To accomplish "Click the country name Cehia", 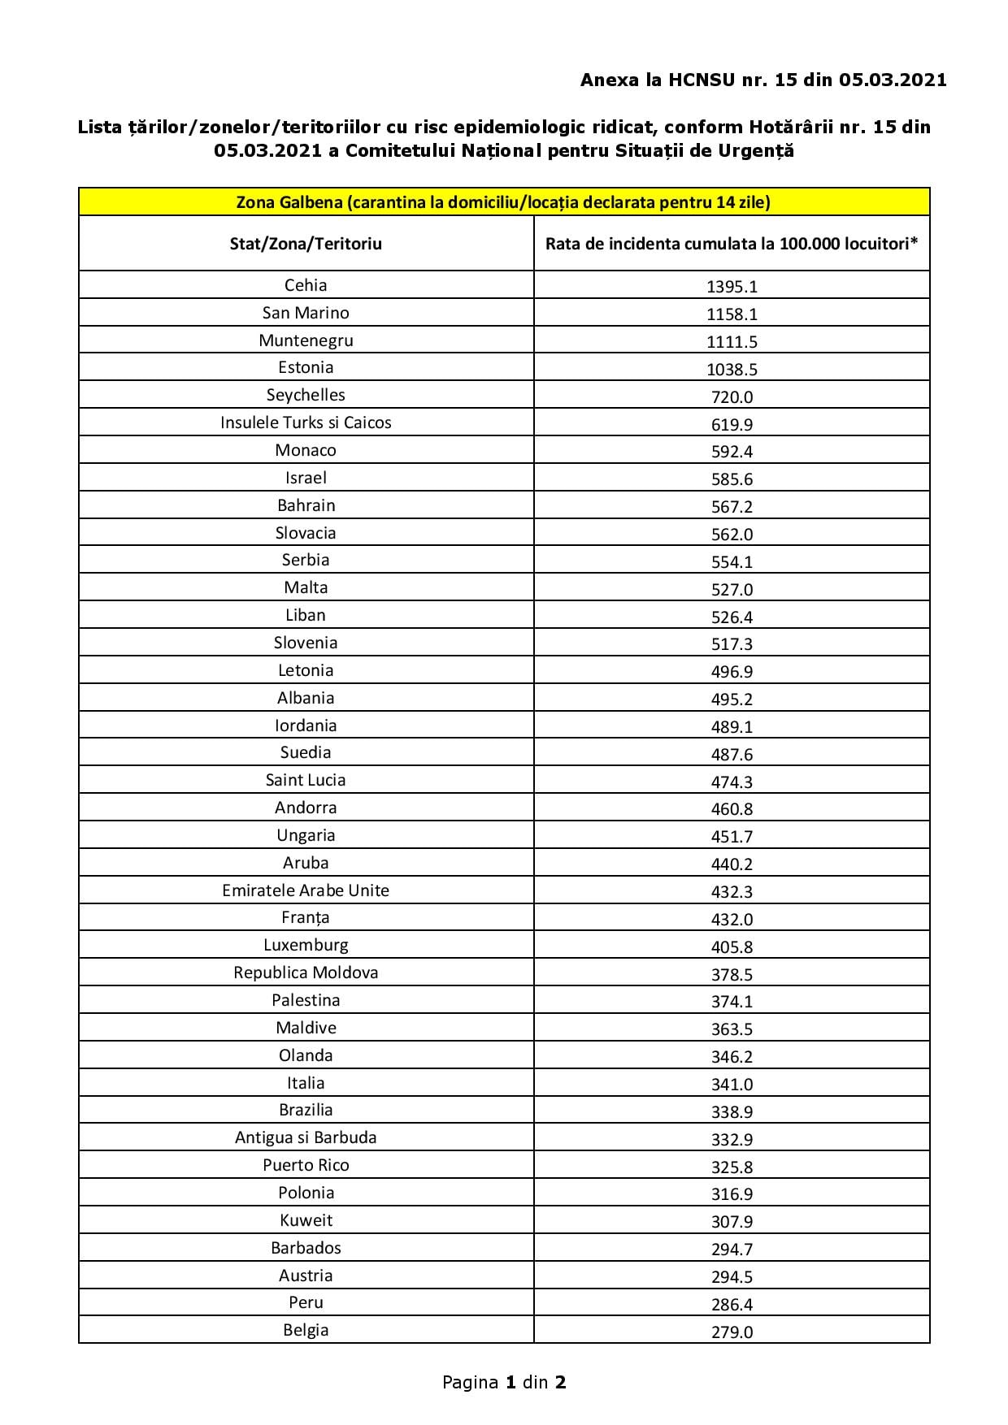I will (306, 285).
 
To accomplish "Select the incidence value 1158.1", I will (732, 314).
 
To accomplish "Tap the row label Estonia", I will (306, 367).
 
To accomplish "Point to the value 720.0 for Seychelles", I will (732, 396).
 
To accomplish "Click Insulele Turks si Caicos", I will (306, 422).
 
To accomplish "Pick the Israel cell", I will (306, 478).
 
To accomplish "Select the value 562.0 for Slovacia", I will (732, 534).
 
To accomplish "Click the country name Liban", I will (306, 615).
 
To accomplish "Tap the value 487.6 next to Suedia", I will (732, 754).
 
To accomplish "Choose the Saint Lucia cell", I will (306, 780).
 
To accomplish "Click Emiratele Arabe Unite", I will (306, 890).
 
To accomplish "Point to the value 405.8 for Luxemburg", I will (732, 946).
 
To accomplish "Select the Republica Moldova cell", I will (306, 972).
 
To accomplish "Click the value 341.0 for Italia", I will (732, 1084).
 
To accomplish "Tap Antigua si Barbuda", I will (306, 1137).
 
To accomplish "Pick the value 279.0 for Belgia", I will (732, 1332).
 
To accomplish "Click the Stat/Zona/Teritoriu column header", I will (306, 244).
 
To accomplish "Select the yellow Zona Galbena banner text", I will (503, 202).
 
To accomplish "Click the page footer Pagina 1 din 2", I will (504, 1382).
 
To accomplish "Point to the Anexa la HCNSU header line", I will (763, 80).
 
